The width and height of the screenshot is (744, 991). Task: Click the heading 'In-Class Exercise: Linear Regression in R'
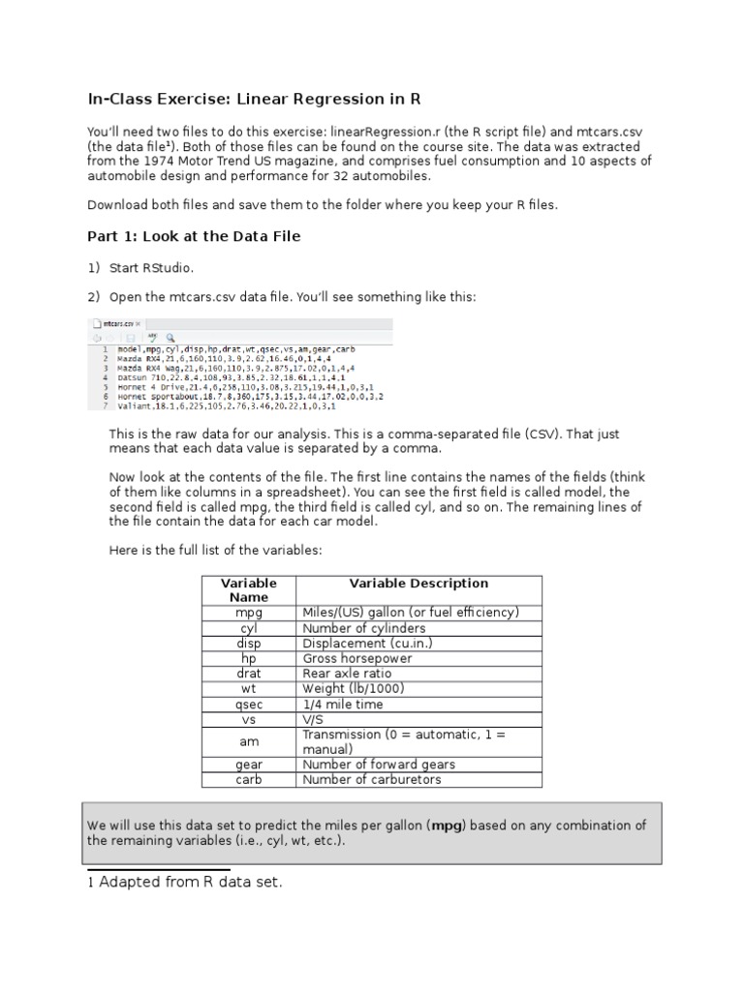pyautogui.click(x=254, y=100)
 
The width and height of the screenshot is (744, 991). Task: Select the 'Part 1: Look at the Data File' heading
pyautogui.click(x=194, y=237)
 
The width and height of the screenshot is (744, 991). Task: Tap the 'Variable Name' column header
pyautogui.click(x=249, y=590)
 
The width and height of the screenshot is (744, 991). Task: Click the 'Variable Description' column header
pyautogui.click(x=418, y=584)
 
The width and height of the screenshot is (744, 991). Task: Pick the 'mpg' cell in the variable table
pyautogui.click(x=249, y=613)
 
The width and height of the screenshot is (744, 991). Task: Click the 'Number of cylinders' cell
pyautogui.click(x=363, y=628)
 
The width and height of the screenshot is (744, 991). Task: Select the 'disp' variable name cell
pyautogui.click(x=249, y=644)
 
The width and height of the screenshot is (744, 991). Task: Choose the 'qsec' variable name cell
pyautogui.click(x=249, y=705)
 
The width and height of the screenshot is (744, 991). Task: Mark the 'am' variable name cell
pyautogui.click(x=249, y=742)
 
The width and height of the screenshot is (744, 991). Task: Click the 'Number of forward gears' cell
pyautogui.click(x=378, y=765)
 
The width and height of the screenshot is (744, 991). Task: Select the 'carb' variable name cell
pyautogui.click(x=249, y=780)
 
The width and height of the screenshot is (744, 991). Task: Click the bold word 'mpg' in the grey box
pyautogui.click(x=448, y=826)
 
